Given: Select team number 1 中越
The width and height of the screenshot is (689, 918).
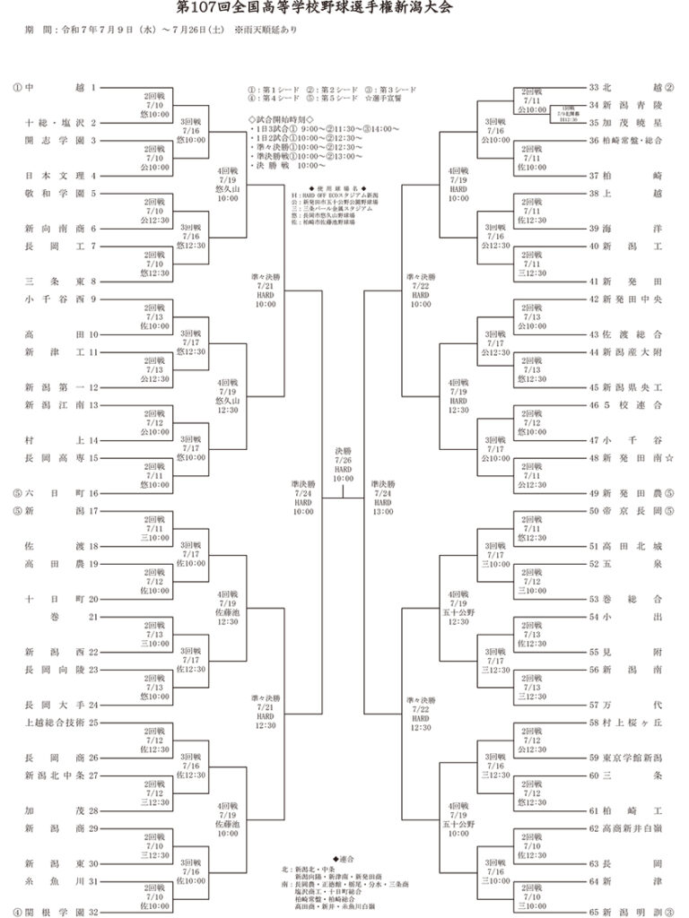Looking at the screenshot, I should pos(54,88).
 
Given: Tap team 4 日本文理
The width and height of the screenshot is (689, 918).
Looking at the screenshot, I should pos(54,176).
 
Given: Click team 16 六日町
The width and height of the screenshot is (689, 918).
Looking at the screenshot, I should pos(54,493).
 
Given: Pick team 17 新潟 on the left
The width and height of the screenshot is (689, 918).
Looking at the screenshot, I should pos(54,510).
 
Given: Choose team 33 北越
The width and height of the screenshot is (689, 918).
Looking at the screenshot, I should pos(632,88).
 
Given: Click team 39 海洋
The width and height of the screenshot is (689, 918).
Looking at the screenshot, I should pos(632,229).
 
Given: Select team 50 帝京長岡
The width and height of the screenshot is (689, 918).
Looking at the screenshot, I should pos(632,510).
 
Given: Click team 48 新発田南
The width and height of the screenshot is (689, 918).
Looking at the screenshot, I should pos(632,457).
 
